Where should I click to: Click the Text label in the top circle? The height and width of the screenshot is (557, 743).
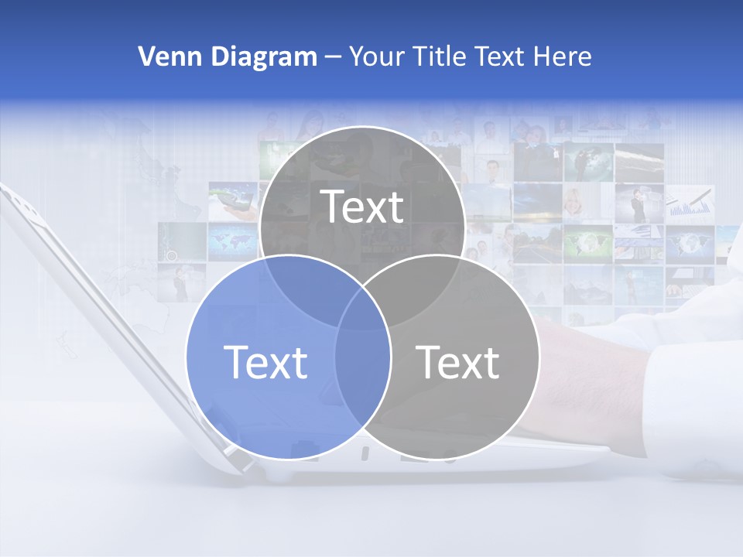click(x=362, y=207)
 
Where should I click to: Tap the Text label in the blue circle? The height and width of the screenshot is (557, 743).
click(x=265, y=362)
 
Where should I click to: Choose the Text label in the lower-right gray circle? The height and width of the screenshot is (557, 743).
click(x=457, y=362)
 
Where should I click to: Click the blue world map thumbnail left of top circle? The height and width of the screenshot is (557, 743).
click(x=231, y=241)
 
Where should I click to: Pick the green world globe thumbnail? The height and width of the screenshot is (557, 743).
click(x=587, y=242)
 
